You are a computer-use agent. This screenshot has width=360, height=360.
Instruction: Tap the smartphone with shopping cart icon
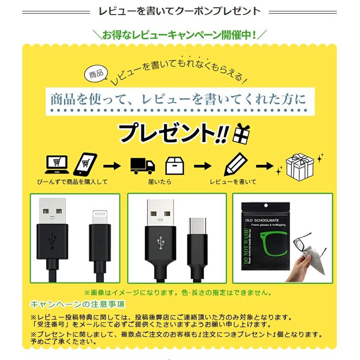85,164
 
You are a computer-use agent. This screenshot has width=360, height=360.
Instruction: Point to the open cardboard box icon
175,166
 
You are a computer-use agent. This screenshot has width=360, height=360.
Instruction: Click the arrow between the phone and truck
112,166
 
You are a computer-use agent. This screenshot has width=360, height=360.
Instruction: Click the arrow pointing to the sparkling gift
265,166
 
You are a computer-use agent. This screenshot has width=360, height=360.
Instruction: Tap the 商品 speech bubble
96,75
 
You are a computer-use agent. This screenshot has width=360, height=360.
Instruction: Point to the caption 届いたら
159,182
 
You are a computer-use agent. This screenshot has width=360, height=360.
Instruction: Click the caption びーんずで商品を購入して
71,182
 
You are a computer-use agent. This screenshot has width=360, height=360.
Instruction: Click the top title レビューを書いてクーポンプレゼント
179,11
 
